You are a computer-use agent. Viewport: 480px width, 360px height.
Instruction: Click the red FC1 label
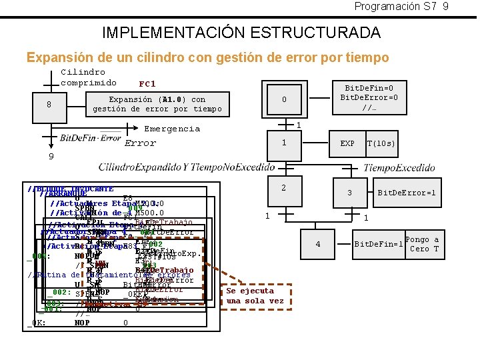(x=147, y=84)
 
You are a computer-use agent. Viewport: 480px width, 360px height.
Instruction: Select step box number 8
(x=49, y=105)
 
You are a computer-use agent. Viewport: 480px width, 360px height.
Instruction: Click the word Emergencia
(x=172, y=129)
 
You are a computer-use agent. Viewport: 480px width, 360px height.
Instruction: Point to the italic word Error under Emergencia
(x=140, y=143)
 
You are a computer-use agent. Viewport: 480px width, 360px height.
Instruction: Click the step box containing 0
(x=283, y=100)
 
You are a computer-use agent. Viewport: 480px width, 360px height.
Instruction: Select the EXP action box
(x=347, y=143)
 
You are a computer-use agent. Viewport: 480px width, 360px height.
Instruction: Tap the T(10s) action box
(x=381, y=143)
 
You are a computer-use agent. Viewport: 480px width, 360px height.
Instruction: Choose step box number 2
(x=283, y=189)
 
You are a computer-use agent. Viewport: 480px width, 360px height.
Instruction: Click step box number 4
(x=318, y=244)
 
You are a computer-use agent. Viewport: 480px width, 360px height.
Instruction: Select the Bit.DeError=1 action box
(x=407, y=193)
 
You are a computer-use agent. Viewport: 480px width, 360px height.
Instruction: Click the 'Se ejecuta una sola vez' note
(x=254, y=295)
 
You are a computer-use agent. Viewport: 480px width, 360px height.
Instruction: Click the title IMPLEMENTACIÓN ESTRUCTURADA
(x=241, y=32)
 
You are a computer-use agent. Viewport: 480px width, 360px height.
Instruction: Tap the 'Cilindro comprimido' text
(x=89, y=77)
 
